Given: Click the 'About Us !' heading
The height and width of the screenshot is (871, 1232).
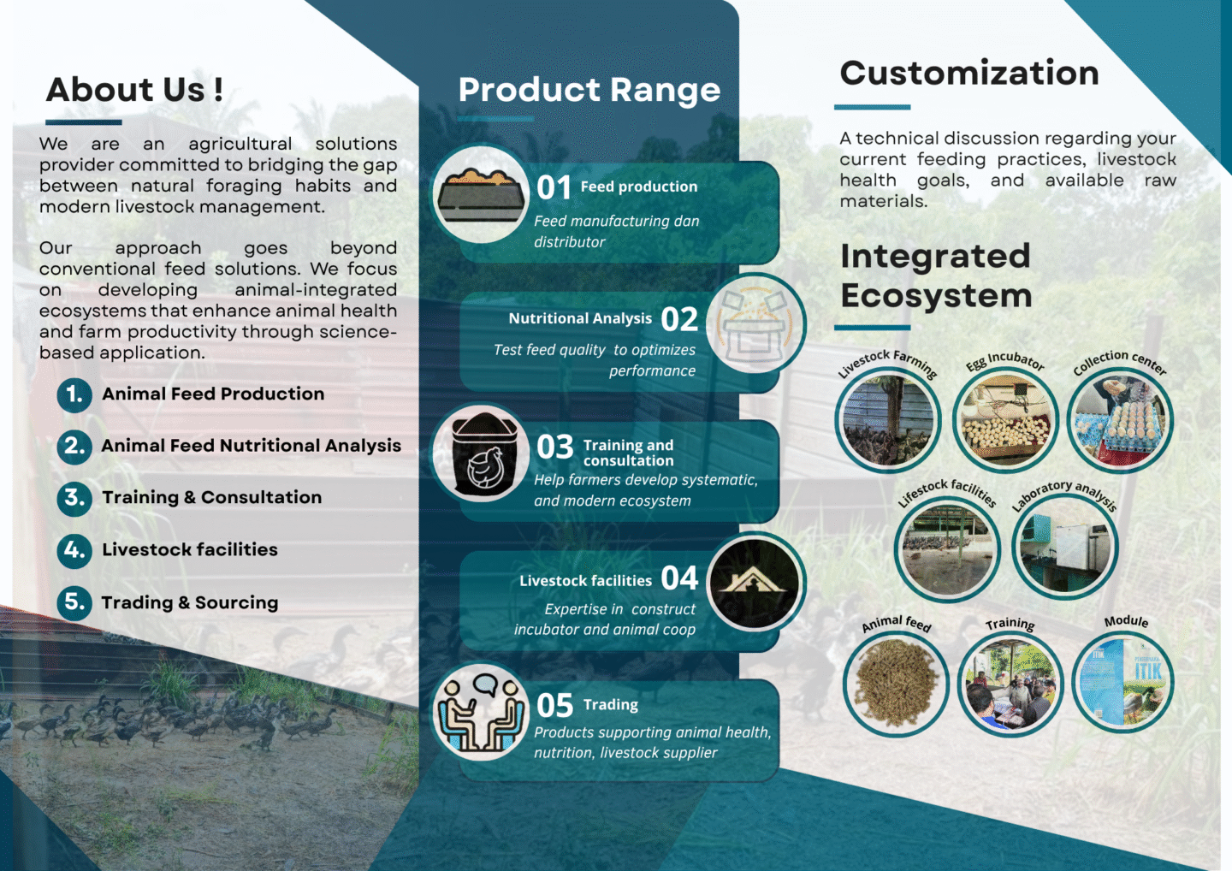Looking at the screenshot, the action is pos(135,90).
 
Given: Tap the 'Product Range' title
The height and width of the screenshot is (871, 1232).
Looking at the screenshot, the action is pos(589,90).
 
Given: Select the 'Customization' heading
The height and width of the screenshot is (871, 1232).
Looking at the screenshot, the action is pos(969,73).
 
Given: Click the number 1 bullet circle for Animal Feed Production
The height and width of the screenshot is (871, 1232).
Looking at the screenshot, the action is pos(74,394).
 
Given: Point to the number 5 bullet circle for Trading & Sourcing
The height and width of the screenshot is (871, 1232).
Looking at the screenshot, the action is pos(74,602).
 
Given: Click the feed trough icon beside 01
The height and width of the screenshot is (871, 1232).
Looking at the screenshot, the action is pos(481,195).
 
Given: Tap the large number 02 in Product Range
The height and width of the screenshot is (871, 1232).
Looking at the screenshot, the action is pos(679,319).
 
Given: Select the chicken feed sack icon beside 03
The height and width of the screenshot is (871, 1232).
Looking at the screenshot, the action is pos(483,454).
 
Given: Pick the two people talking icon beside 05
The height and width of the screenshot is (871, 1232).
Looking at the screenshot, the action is pos(481,713).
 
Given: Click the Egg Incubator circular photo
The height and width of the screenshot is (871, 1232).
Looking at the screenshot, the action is pos(1005,421).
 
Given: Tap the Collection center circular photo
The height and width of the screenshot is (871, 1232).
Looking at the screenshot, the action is pos(1121,421).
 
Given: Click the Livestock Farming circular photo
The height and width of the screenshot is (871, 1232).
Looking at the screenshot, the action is pos(888,421).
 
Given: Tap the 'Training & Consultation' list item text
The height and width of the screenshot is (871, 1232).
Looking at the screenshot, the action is pos(212,497).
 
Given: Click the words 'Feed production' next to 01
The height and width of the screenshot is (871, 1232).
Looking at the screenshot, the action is pos(639,187).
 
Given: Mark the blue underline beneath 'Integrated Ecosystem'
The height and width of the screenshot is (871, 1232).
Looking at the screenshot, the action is pos(873,328).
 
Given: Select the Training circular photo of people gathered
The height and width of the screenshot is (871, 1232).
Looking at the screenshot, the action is pos(1011,684).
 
